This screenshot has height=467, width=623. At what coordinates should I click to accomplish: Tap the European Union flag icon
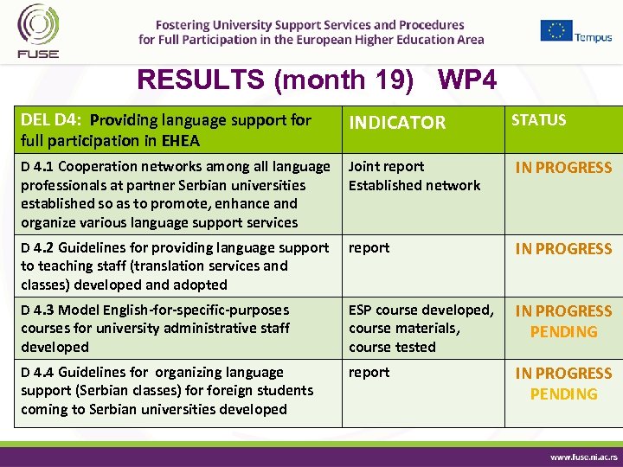pos(556,30)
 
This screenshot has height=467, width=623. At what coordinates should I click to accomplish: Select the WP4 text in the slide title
pos(467,80)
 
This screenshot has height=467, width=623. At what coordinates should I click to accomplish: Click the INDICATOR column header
pos(396,123)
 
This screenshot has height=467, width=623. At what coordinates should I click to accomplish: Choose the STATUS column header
pos(538,120)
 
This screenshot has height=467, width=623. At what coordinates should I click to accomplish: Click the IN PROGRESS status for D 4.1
pos(563,168)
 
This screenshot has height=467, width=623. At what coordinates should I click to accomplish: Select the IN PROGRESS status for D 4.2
pos(563,249)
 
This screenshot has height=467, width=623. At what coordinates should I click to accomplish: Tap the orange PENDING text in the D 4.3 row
pos(563,332)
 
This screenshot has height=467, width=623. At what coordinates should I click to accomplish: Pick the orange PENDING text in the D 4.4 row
pos(563,394)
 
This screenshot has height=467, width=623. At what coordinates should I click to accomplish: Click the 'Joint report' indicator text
pos(386,167)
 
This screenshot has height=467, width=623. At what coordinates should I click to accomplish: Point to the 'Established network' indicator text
pos(414,185)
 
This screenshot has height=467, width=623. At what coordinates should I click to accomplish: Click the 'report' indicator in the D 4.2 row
pos(369,248)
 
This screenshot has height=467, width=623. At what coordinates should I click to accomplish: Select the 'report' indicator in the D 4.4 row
pos(369,373)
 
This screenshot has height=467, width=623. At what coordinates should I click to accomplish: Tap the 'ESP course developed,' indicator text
pos(421,310)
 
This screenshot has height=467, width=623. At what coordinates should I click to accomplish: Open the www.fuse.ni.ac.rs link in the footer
pos(584,456)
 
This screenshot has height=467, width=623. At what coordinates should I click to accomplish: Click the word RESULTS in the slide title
pos(202,80)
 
